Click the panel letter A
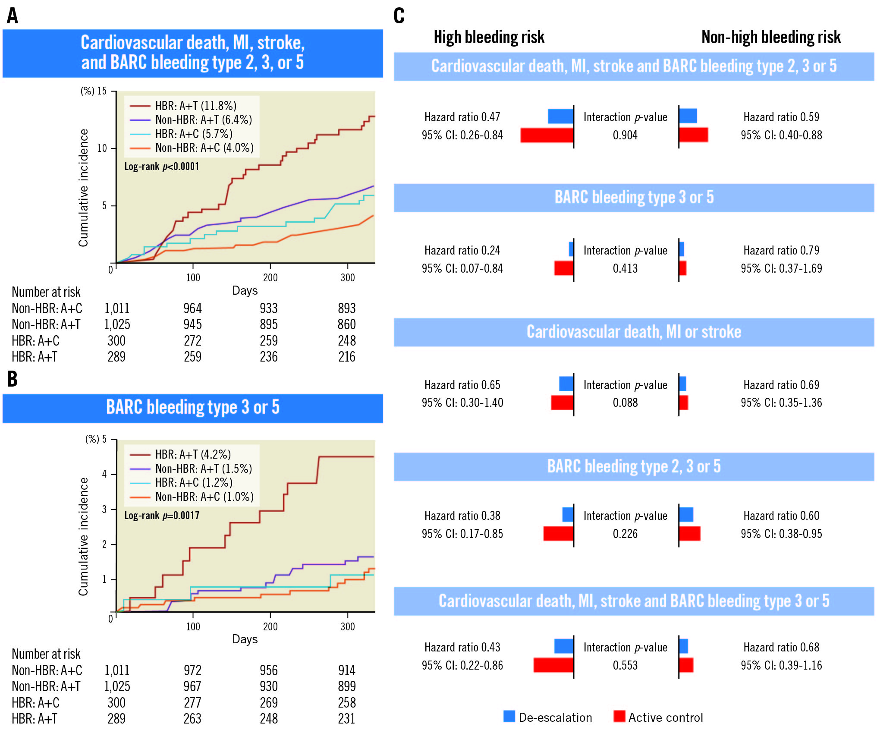[x=13, y=16]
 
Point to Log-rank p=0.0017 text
[x=162, y=515]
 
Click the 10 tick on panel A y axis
[x=102, y=148]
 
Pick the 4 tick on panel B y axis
[x=104, y=474]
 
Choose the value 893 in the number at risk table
[x=346, y=308]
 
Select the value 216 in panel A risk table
[x=346, y=357]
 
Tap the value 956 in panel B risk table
[x=268, y=670]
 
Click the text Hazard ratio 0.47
[x=462, y=117]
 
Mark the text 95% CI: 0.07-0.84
[x=462, y=268]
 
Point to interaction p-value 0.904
[x=625, y=135]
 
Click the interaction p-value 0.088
[x=625, y=403]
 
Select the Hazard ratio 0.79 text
[x=781, y=250]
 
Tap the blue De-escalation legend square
[x=509, y=716]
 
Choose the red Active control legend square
[x=619, y=716]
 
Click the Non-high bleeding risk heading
[x=771, y=37]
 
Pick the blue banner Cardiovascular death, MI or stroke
[x=634, y=332]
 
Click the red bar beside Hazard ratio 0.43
[x=553, y=665]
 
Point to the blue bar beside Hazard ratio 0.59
[x=688, y=116]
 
